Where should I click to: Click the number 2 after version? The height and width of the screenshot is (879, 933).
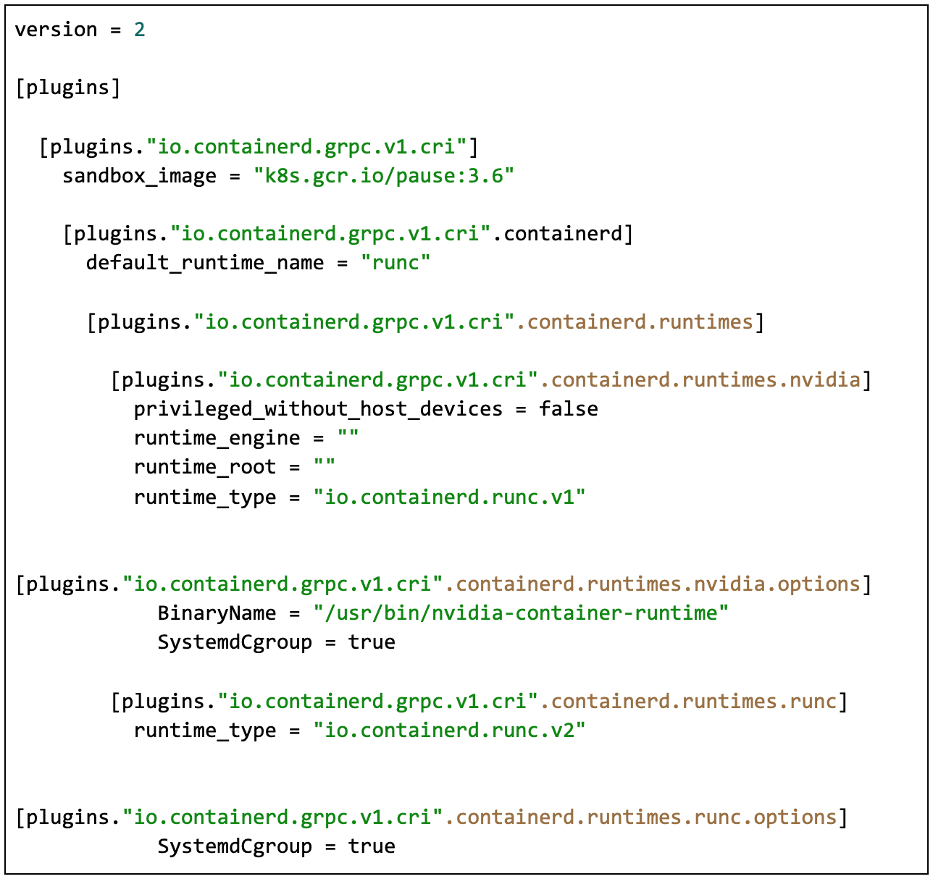[139, 30]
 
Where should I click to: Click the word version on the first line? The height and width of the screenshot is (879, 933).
[56, 30]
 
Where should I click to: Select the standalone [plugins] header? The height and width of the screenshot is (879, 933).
[67, 88]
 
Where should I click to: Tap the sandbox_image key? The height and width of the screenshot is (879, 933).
[139, 176]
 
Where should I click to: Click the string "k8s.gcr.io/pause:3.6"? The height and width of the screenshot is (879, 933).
[383, 176]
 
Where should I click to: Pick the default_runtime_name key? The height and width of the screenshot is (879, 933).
[204, 263]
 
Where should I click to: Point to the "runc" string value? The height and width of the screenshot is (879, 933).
[396, 263]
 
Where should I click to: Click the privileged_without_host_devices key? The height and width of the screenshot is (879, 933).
[318, 409]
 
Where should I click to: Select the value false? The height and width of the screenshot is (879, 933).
[568, 409]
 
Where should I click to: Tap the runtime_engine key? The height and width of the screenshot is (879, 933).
[217, 439]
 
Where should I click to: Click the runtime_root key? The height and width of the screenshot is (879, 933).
[204, 468]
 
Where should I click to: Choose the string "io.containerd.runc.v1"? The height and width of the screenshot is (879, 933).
[449, 497]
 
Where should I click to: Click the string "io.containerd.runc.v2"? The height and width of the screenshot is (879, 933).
[449, 731]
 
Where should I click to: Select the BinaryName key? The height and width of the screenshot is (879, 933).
[217, 614]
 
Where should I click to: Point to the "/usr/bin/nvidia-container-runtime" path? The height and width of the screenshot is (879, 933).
[521, 614]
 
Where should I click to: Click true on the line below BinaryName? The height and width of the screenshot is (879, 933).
[372, 643]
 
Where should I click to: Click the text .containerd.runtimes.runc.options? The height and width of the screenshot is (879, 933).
[640, 817]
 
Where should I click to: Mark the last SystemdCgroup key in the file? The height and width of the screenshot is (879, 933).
[235, 847]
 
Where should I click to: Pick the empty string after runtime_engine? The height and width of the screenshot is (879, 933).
[348, 439]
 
